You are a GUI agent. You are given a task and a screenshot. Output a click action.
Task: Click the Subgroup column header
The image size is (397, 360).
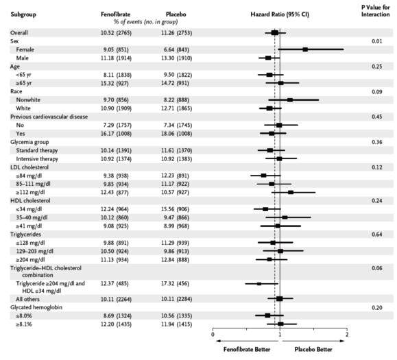[23, 14]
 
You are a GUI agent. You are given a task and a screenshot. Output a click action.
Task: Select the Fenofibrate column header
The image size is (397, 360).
[115, 14]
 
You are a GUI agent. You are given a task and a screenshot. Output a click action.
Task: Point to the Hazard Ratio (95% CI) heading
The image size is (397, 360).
[280, 14]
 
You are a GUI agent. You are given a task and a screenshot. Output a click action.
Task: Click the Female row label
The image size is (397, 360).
[25, 49]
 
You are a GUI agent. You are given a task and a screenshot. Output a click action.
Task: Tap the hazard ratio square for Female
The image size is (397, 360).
[305, 49]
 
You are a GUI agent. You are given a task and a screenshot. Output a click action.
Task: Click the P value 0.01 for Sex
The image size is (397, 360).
[376, 41]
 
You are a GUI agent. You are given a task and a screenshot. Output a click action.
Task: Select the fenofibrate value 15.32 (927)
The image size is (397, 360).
[115, 83]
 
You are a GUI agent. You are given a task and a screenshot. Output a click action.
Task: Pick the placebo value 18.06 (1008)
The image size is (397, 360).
[176, 134]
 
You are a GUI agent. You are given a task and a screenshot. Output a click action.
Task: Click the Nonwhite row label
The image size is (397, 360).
[28, 100]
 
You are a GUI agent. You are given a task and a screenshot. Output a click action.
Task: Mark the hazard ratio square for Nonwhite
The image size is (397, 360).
[290, 99]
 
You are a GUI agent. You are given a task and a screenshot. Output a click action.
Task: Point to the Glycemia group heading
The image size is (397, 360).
[29, 142]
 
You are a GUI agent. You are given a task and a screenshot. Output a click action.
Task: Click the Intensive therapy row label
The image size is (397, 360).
[37, 159]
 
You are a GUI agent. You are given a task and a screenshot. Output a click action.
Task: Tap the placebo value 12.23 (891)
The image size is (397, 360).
[176, 176]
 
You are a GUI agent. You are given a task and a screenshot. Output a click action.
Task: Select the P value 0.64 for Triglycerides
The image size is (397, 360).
[376, 235]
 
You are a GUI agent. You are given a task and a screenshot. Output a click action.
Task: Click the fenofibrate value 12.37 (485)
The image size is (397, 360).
[115, 284]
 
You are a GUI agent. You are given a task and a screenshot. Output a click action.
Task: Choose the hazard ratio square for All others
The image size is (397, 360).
[280, 299]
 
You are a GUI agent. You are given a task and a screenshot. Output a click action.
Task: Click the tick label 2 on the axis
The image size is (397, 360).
[347, 334]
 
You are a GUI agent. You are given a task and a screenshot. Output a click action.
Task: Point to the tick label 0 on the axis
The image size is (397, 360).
[213, 335]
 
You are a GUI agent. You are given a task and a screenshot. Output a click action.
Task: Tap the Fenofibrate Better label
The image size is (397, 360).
[247, 350]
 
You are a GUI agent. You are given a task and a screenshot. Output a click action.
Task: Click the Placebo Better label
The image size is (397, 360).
[313, 350]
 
